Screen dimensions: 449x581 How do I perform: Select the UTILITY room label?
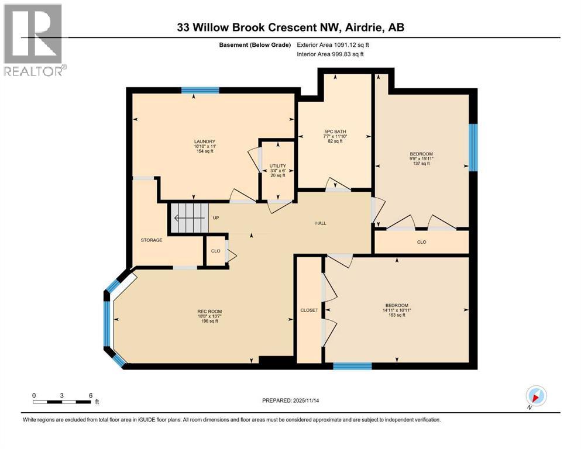pyautogui.click(x=277, y=166)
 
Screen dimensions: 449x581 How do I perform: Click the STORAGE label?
pyautogui.click(x=151, y=240)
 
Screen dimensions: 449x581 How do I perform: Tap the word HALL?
pyautogui.click(x=321, y=223)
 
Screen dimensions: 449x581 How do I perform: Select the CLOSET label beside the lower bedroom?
pyautogui.click(x=308, y=310)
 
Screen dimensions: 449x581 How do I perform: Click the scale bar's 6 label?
pyautogui.click(x=91, y=395)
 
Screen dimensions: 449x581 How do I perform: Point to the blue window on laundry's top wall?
pyautogui.click(x=200, y=90)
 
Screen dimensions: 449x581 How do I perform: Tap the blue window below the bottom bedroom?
pyautogui.click(x=352, y=367)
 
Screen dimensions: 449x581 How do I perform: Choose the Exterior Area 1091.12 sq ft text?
pyautogui.click(x=333, y=44)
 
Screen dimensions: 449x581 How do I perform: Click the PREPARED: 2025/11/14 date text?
pyautogui.click(x=291, y=400)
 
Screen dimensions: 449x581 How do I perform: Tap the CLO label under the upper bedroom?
pyautogui.click(x=421, y=241)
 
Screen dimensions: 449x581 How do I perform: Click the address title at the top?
pyautogui.click(x=290, y=27)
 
